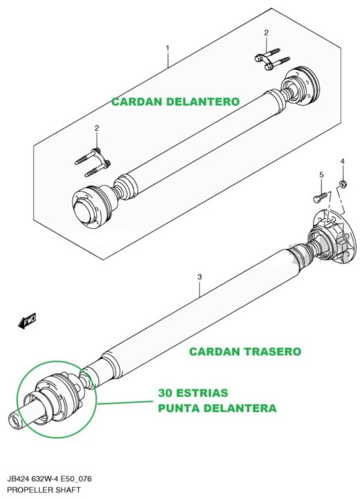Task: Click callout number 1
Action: tap(167, 48)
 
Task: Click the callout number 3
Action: tap(200, 277)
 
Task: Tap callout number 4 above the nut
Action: tap(343, 161)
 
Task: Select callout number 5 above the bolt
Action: tap(321, 175)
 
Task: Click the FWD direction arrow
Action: tap(27, 321)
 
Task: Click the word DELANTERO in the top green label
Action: tap(202, 102)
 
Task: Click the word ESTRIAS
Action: tap(202, 393)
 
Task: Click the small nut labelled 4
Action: tap(342, 184)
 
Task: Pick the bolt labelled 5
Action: tap(321, 196)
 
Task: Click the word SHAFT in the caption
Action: tap(69, 490)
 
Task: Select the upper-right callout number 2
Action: tap(266, 33)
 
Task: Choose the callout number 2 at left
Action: tap(97, 128)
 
